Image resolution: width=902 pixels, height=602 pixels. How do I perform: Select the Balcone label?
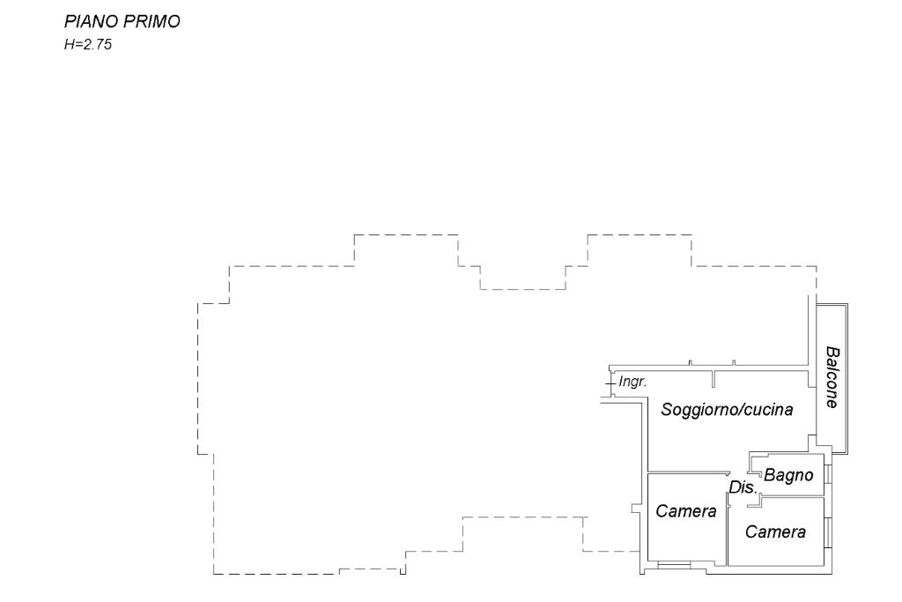click(831, 376)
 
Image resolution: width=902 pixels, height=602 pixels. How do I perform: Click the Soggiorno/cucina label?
click(728, 410)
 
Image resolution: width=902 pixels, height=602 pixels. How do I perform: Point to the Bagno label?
click(787, 475)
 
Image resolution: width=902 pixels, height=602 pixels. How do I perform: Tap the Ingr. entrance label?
click(633, 383)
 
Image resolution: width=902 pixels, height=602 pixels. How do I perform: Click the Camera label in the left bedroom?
click(686, 512)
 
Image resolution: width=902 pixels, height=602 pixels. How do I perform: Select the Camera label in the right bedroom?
click(775, 532)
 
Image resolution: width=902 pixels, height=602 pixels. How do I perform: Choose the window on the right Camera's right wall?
click(828, 532)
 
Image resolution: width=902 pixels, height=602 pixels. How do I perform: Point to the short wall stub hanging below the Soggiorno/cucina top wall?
click(713, 379)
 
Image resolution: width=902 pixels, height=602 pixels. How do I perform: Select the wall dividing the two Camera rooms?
click(727, 534)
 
